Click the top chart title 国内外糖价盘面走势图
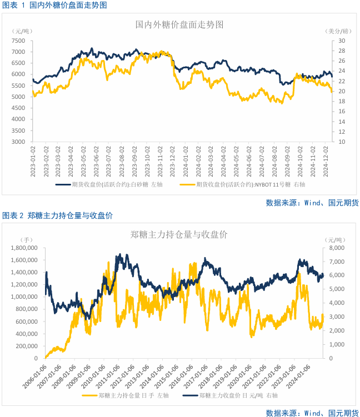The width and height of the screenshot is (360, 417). (x=180, y=25)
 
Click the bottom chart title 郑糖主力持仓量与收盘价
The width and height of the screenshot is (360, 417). (x=180, y=234)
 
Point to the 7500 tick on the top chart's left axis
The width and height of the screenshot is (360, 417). (x=18, y=41)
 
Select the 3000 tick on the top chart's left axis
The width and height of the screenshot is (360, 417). (x=18, y=142)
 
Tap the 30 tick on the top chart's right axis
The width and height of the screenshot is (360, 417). (x=342, y=41)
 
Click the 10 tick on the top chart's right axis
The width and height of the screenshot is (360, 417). (x=342, y=142)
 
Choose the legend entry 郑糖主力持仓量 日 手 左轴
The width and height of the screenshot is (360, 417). (x=127, y=396)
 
